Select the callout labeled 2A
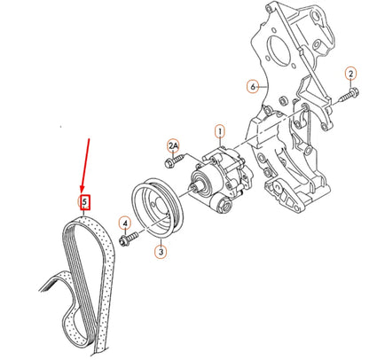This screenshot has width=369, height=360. click(x=173, y=145)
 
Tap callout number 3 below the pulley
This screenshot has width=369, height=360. click(x=161, y=252)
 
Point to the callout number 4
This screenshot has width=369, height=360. click(x=125, y=223)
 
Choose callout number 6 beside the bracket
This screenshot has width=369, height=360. click(x=253, y=86)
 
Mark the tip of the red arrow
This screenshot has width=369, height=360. click(x=83, y=192)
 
